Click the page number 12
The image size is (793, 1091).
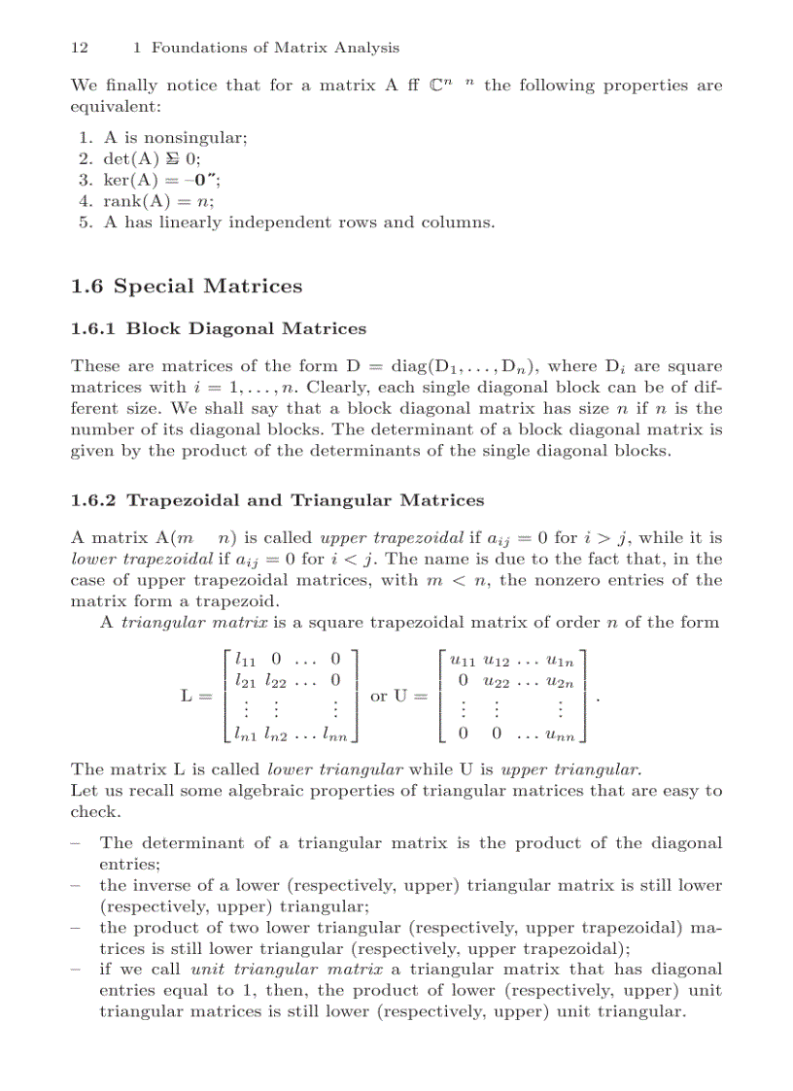click(x=80, y=47)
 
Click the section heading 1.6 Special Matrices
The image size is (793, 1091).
click(x=187, y=287)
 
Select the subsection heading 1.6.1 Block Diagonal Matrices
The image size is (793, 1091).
click(x=219, y=328)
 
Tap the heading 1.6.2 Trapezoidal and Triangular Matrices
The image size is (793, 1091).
click(x=277, y=500)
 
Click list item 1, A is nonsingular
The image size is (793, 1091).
click(x=160, y=138)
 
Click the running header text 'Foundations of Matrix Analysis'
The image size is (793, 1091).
click(x=275, y=47)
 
